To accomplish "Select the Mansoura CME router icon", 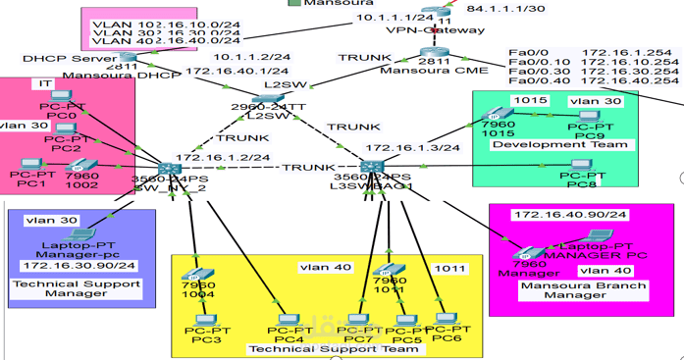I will tap(434, 54).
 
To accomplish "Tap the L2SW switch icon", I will tap(268, 96).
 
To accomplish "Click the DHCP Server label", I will tap(55, 59).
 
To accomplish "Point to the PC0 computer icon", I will tap(61, 99).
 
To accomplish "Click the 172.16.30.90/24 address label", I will tap(79, 265).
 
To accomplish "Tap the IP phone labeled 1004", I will tap(199, 276).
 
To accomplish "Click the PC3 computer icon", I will tap(205, 320).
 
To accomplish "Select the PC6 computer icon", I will tap(447, 321).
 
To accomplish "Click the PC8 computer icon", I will tap(580, 167).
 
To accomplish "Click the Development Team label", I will tap(547, 145).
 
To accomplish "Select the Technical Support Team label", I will tap(334, 348).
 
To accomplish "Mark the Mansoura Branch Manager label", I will tap(568, 290).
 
